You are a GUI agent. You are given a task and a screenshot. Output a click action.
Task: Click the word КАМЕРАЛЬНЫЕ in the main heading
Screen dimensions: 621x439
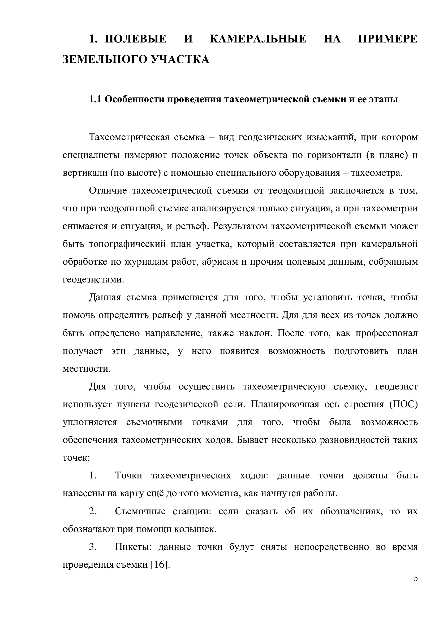click(x=258, y=39)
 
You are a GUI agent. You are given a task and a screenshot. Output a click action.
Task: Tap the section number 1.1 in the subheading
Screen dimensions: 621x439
click(x=95, y=100)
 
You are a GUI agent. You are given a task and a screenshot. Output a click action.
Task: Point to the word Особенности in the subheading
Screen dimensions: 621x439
click(x=133, y=100)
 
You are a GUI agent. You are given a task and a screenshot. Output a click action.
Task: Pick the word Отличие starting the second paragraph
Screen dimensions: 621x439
click(x=108, y=191)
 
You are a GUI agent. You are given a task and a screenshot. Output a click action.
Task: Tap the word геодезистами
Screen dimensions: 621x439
click(x=93, y=280)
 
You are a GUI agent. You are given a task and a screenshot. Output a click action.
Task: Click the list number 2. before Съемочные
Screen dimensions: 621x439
click(x=93, y=511)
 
